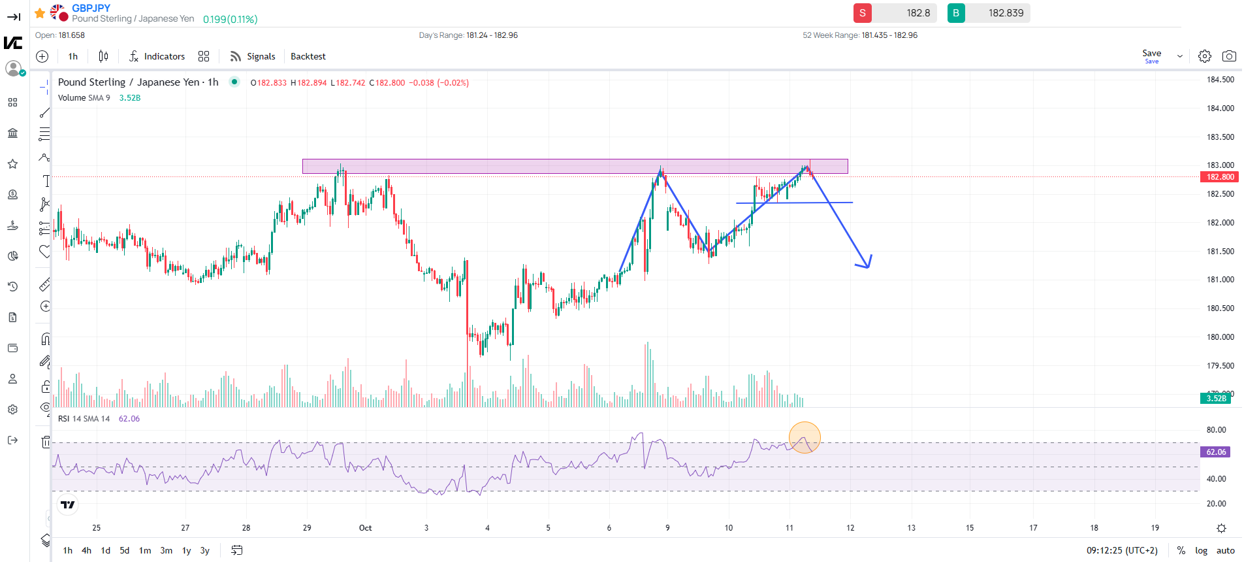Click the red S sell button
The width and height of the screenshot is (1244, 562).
click(x=862, y=13)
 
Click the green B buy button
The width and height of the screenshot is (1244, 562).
click(x=956, y=13)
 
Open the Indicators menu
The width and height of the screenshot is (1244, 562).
click(x=157, y=56)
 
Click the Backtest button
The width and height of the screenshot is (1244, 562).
click(x=308, y=56)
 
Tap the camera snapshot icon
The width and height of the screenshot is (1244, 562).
click(x=1228, y=56)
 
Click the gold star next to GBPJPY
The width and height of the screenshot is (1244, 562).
click(x=40, y=13)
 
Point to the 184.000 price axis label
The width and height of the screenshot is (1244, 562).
click(x=1220, y=108)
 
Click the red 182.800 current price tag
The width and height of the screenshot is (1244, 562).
click(x=1219, y=177)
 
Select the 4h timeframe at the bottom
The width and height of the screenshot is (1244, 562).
click(x=86, y=550)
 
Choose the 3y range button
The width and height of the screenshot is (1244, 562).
click(x=204, y=550)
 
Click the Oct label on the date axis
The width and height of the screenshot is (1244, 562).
click(x=365, y=528)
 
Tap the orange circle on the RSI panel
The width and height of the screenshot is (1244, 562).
click(x=805, y=438)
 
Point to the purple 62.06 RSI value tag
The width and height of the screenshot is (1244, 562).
click(x=1215, y=452)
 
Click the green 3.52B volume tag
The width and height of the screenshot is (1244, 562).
click(x=1215, y=399)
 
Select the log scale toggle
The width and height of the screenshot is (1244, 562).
click(x=1201, y=550)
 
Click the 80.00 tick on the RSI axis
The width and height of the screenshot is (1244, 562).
click(x=1216, y=430)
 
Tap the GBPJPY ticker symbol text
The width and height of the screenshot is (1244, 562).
click(x=91, y=8)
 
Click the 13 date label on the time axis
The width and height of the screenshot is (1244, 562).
click(x=911, y=528)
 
